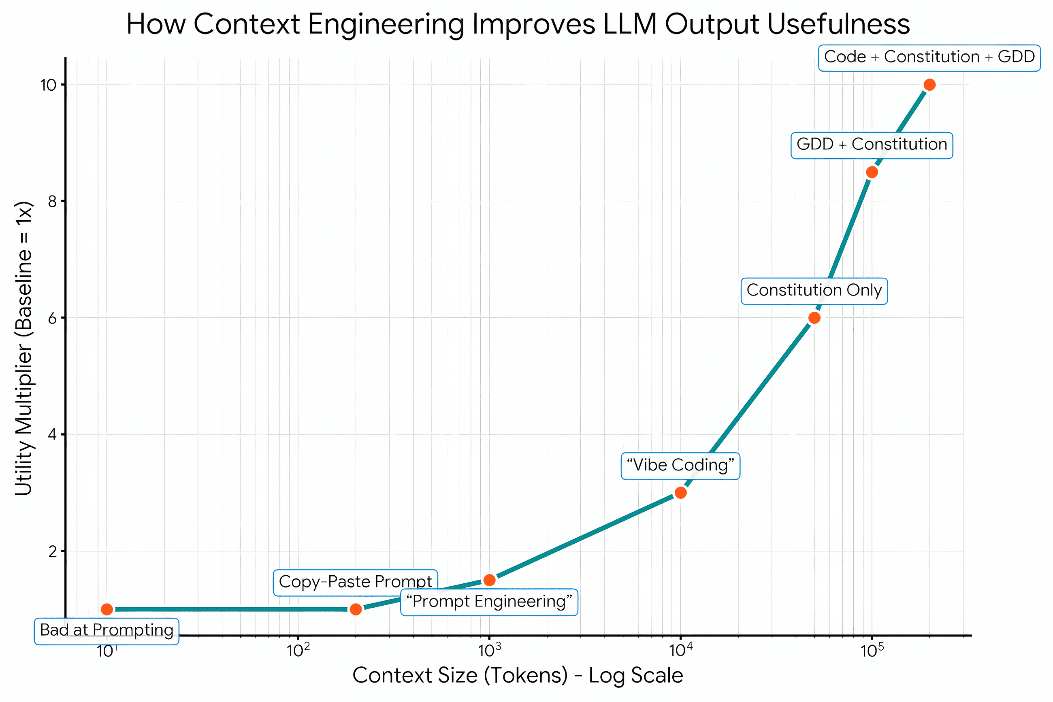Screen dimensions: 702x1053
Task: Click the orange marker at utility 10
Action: pos(929,85)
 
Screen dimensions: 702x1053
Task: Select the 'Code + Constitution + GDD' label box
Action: pos(929,57)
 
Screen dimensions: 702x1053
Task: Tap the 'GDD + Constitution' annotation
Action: pos(871,145)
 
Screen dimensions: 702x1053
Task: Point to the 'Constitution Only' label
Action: pos(814,291)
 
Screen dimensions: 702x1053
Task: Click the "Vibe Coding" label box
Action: pos(680,466)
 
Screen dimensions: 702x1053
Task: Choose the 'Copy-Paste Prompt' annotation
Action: pos(355,582)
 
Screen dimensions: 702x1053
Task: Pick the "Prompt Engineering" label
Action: pos(489,602)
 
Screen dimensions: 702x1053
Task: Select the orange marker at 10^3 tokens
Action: pos(489,580)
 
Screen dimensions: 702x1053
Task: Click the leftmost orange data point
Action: pos(107,609)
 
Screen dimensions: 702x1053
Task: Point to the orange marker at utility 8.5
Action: pos(872,172)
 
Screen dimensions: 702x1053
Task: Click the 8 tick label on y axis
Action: pos(53,202)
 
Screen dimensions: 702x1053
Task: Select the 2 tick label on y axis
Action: pos(53,551)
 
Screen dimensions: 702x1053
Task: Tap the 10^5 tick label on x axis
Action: pos(872,651)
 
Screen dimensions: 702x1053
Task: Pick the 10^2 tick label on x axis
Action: pos(298,651)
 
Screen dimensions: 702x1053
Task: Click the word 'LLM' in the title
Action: pos(629,24)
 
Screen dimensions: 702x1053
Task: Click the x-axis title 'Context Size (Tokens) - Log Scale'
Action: pos(517,675)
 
